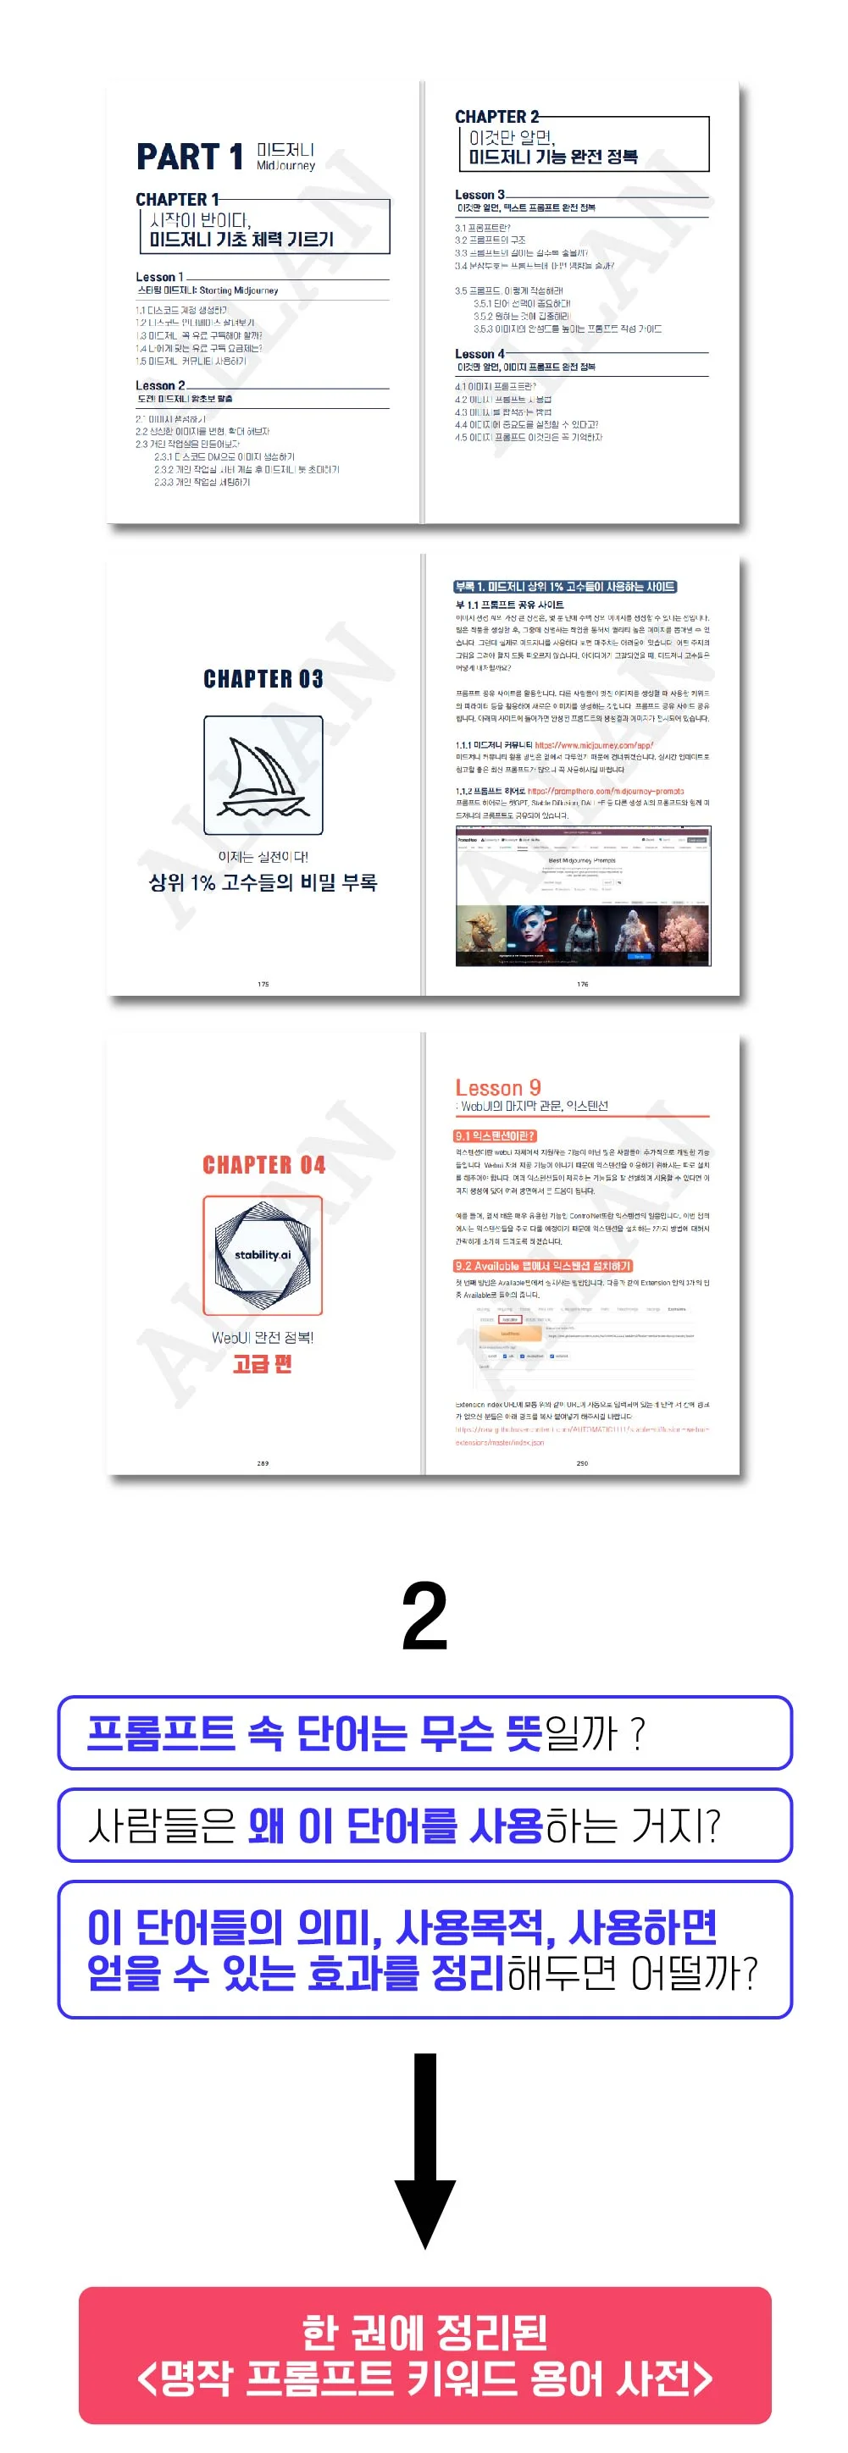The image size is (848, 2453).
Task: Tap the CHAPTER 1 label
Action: click(x=177, y=199)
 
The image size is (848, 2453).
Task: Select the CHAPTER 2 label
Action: click(x=496, y=116)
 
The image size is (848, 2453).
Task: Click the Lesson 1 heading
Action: click(x=159, y=277)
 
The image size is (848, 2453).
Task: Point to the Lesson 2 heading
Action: click(x=160, y=385)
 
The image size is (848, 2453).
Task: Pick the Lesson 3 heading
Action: click(x=479, y=194)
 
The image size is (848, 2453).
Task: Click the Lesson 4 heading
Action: click(x=479, y=353)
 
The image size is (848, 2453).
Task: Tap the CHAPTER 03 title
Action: click(x=263, y=679)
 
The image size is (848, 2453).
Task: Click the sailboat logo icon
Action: click(x=263, y=775)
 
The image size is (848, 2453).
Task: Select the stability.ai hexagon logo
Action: click(x=263, y=1255)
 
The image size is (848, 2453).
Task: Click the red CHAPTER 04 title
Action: click(x=263, y=1164)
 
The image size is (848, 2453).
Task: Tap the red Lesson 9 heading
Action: click(x=497, y=1087)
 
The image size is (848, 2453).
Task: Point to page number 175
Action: click(x=263, y=984)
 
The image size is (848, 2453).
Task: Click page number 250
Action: click(x=582, y=1462)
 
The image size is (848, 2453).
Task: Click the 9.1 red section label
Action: click(x=495, y=1136)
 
